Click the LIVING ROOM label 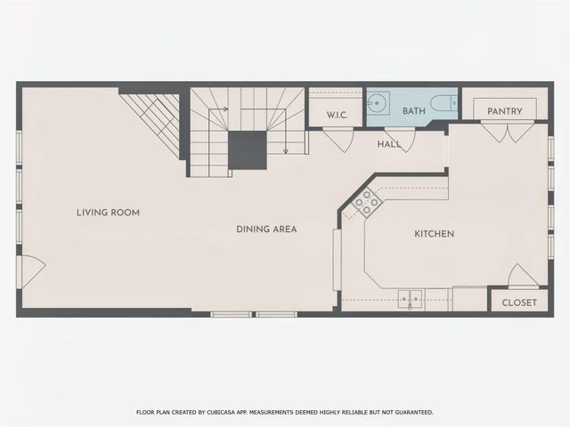(x=108, y=213)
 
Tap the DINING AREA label (x=266, y=230)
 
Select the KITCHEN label (x=435, y=234)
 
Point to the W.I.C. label (x=337, y=115)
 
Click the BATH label (x=413, y=111)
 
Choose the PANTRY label (x=504, y=111)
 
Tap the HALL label (x=388, y=144)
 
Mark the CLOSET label (x=519, y=302)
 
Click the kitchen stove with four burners (x=367, y=205)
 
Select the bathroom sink (x=378, y=104)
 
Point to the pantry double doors (x=505, y=133)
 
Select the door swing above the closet (x=524, y=277)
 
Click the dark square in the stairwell (x=247, y=149)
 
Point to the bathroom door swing (x=399, y=138)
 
